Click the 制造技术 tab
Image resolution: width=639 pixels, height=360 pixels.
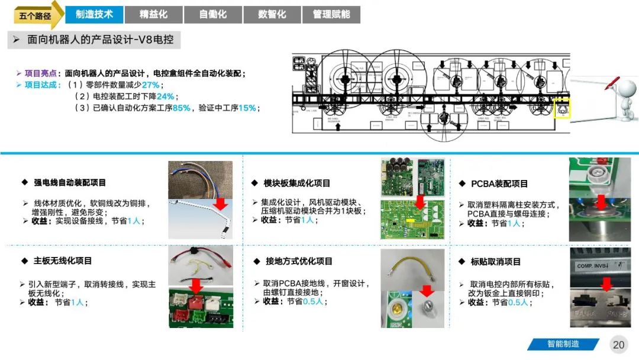(94, 14)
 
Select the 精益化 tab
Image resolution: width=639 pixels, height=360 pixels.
(153, 14)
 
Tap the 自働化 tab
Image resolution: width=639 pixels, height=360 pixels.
(213, 14)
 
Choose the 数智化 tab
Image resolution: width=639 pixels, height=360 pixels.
(272, 14)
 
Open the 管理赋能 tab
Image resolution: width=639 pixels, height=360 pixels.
(331, 14)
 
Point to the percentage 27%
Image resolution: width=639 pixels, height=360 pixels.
(150, 85)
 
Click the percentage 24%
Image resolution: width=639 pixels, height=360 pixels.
(165, 97)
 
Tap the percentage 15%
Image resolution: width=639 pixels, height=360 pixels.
(247, 108)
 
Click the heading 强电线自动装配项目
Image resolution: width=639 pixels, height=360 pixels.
(70, 183)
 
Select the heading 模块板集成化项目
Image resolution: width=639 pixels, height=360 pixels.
(297, 184)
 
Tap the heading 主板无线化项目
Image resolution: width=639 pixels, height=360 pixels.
(63, 261)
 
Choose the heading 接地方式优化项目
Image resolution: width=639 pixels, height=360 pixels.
(299, 261)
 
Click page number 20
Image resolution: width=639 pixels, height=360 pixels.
(619, 345)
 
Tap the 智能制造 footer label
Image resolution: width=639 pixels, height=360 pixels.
(563, 344)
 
